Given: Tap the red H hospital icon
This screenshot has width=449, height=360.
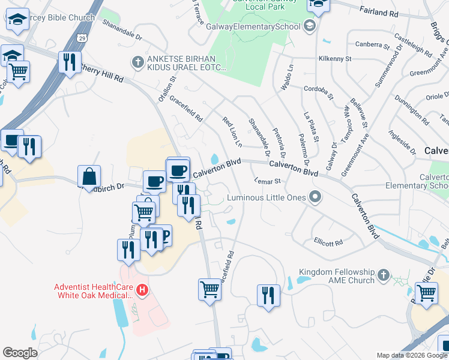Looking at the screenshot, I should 142,291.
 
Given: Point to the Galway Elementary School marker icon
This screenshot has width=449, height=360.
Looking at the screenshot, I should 310,25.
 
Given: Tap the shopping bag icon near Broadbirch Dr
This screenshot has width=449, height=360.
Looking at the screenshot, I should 89,176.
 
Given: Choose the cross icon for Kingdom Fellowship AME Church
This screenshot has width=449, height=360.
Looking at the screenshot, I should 384,276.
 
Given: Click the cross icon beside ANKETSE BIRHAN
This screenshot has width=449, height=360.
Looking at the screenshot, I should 137,62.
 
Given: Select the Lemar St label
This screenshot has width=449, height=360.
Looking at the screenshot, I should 267,180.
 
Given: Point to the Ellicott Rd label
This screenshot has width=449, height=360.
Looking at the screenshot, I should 328,242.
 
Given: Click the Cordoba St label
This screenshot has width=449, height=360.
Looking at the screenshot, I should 318,91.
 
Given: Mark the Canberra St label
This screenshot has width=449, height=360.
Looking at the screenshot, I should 368,44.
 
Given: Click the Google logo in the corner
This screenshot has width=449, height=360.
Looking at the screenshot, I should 20,353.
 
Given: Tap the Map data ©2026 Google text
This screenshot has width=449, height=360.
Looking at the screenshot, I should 412,355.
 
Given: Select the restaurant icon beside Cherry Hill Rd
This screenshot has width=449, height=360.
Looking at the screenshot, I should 70,62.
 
